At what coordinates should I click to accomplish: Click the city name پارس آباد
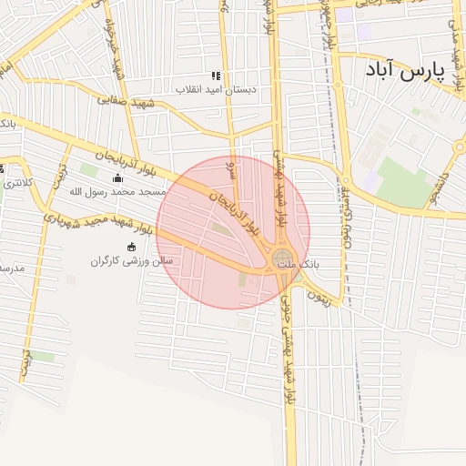pyautogui.click(x=403, y=70)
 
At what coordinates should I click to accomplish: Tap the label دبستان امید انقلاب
pyautogui.click(x=217, y=89)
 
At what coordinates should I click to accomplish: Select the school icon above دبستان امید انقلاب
pyautogui.click(x=217, y=76)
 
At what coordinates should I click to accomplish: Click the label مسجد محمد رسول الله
pyautogui.click(x=113, y=192)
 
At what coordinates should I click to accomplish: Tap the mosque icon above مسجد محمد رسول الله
pyautogui.click(x=116, y=178)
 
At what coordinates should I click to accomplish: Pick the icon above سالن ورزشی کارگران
pyautogui.click(x=131, y=247)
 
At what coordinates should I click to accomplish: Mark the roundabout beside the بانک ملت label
pyautogui.click(x=283, y=258)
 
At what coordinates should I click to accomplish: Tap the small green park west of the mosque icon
pyautogui.click(x=88, y=169)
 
